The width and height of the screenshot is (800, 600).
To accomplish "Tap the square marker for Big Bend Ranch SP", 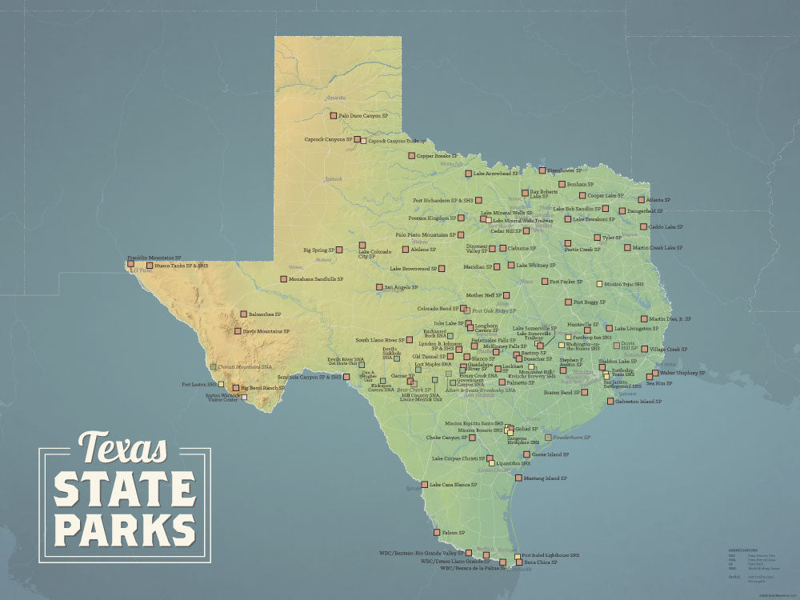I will click(x=236, y=388).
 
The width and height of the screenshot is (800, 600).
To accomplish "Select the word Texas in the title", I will click(x=123, y=448).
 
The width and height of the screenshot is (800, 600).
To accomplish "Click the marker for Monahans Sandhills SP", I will click(x=283, y=279).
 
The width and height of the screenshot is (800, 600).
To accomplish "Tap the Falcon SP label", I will click(x=453, y=532).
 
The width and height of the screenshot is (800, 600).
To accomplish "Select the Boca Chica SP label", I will click(x=541, y=562).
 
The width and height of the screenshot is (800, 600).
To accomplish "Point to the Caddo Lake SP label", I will click(x=666, y=226).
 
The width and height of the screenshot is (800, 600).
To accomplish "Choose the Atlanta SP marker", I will click(x=641, y=200).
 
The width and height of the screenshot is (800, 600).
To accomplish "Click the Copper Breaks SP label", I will click(x=437, y=156).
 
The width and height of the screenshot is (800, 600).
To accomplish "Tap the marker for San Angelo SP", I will click(x=380, y=286).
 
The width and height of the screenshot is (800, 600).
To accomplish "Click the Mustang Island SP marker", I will click(x=518, y=478).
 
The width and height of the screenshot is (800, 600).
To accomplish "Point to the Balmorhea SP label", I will click(x=265, y=314).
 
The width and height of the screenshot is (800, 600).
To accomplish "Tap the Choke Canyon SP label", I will click(x=446, y=438).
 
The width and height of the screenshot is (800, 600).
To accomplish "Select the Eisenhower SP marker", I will click(x=542, y=170).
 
